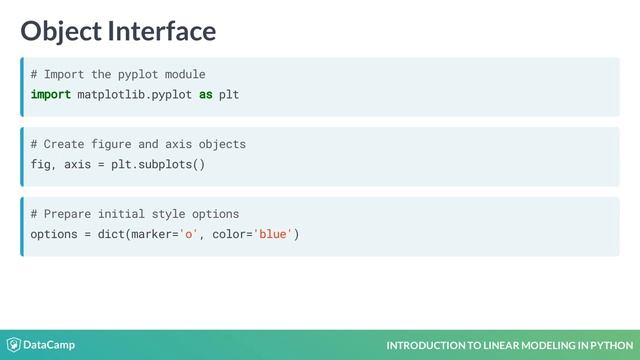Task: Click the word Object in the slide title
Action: [x=62, y=31]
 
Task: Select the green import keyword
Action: [x=50, y=94]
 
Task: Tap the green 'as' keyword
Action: [x=205, y=94]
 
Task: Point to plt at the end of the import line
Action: [x=229, y=94]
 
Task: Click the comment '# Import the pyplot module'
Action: [x=118, y=74]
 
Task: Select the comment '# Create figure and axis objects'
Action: [x=138, y=144]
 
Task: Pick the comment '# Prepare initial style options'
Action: [x=134, y=214]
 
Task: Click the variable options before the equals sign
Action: [x=54, y=234]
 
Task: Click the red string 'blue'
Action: [x=273, y=234]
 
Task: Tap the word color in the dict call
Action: [x=230, y=234]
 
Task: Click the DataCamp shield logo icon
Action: [x=13, y=345]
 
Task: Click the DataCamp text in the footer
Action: [x=49, y=345]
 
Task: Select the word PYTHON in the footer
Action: [x=604, y=346]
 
